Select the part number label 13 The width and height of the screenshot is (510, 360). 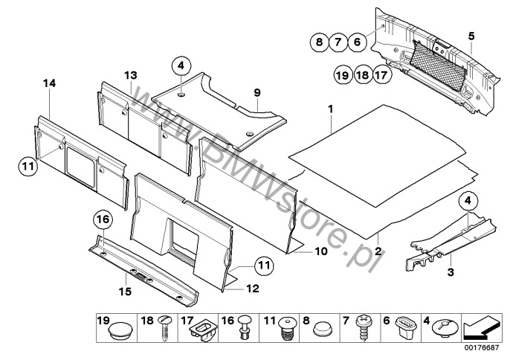coord(131,75)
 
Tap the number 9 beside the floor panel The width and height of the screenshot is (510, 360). coord(257,93)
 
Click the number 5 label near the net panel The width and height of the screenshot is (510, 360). coord(471,35)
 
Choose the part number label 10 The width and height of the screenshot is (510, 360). coord(321,252)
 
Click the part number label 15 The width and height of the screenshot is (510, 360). coord(125,292)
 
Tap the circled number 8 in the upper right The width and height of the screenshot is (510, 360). coord(319,42)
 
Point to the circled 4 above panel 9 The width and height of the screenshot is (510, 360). coord(181,66)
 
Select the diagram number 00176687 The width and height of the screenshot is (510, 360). coord(482,348)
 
